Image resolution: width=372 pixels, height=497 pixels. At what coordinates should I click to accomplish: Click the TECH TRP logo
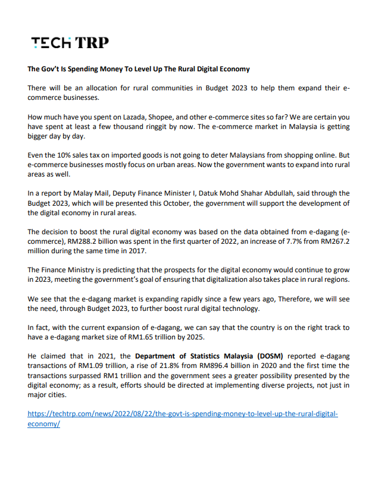pos(70,42)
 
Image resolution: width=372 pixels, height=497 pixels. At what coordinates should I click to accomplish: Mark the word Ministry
pos(85,269)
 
